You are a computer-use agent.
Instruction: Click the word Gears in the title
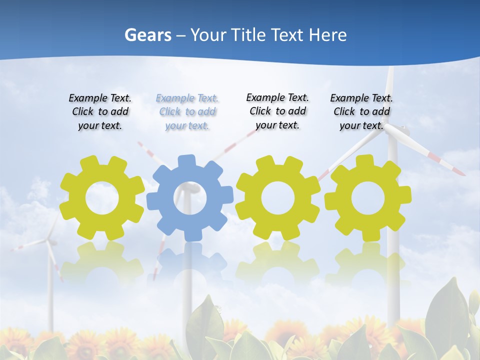148,35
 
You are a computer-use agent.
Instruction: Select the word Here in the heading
327,35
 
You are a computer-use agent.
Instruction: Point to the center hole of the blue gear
190,198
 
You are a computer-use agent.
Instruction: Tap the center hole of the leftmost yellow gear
102,198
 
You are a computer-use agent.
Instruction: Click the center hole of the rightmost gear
368,198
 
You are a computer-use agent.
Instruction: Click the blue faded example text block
187,111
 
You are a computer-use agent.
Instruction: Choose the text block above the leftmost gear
100,111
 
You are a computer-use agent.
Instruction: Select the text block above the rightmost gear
361,111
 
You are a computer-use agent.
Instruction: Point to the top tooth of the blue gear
186,161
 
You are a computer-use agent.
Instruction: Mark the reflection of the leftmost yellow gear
102,262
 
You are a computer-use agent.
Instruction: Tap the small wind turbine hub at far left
48,242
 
